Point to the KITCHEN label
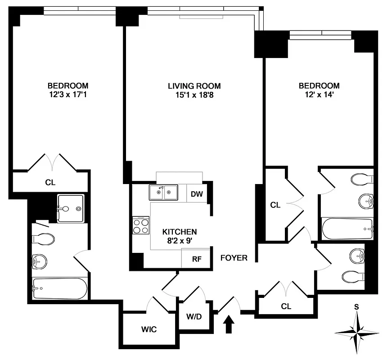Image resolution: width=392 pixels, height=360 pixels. (x=180, y=232)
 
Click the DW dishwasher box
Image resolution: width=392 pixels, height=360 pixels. (x=196, y=194)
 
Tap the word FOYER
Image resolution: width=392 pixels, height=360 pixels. (x=234, y=258)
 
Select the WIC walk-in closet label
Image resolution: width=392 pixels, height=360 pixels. (x=149, y=329)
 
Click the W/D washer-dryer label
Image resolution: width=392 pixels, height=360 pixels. (x=194, y=316)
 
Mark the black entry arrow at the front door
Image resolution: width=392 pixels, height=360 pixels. (x=229, y=324)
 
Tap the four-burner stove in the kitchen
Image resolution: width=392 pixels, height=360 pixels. (x=141, y=225)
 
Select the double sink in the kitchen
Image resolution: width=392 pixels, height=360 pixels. (x=163, y=193)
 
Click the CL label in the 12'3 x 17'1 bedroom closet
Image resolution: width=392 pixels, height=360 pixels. (x=50, y=183)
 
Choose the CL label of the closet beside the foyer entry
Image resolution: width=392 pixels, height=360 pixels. (x=286, y=306)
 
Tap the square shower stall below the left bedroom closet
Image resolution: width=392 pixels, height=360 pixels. (x=71, y=208)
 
